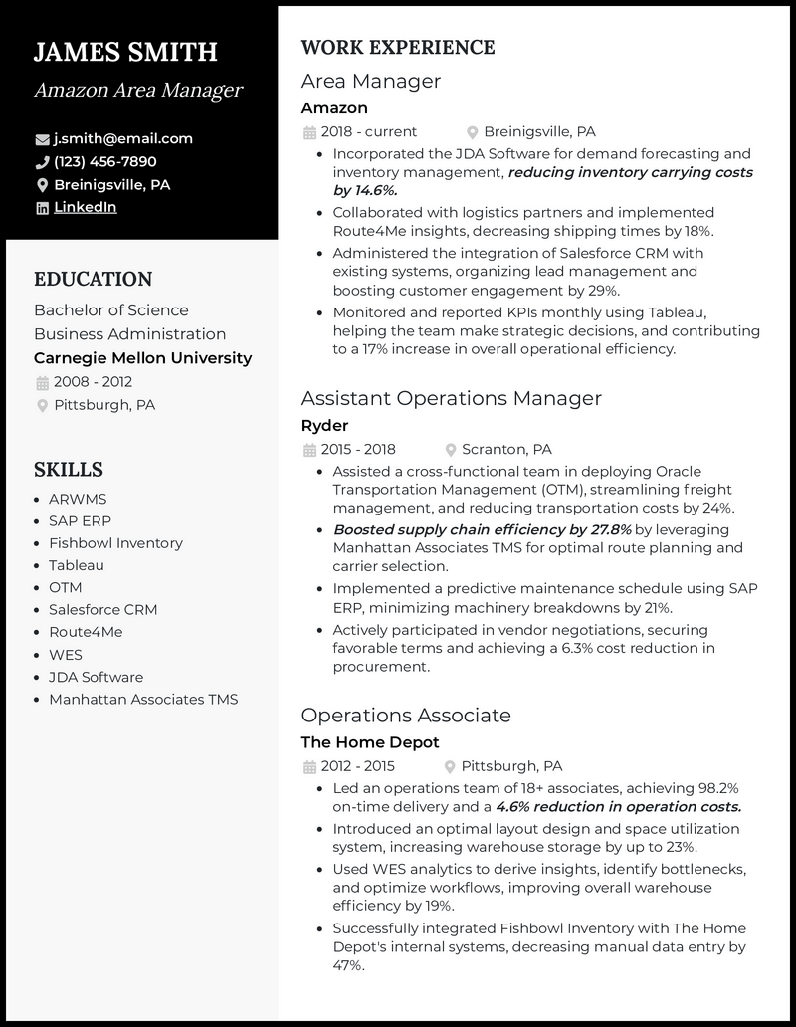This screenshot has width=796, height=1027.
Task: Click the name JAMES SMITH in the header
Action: click(x=125, y=52)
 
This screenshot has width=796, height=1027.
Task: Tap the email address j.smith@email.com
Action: click(x=123, y=138)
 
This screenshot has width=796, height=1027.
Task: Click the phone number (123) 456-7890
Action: click(x=104, y=161)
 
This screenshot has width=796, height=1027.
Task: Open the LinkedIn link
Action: click(x=86, y=207)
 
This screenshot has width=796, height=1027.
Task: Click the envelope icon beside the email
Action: click(x=42, y=139)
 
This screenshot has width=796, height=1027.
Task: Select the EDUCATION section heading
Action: click(x=94, y=279)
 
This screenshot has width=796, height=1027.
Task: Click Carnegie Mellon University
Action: click(x=142, y=358)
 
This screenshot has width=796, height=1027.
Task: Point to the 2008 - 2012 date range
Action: click(x=93, y=382)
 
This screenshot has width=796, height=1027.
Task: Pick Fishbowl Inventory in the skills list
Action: click(x=115, y=543)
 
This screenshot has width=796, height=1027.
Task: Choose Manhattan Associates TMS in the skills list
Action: click(x=143, y=699)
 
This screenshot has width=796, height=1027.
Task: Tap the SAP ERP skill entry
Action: click(x=80, y=520)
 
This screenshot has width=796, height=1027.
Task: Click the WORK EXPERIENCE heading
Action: click(x=398, y=47)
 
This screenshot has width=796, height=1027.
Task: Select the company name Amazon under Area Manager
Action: click(x=334, y=107)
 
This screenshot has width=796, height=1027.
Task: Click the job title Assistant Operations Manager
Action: click(x=451, y=398)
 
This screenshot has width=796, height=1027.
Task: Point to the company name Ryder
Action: click(x=324, y=425)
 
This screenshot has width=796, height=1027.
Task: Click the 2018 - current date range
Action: click(x=368, y=131)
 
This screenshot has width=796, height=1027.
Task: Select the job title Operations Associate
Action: click(x=406, y=715)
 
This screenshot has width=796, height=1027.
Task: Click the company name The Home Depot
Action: click(x=369, y=742)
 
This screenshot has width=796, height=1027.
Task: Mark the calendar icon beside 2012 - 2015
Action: click(x=308, y=766)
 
